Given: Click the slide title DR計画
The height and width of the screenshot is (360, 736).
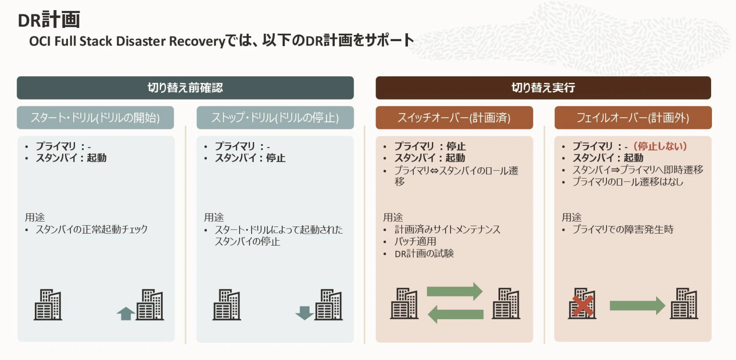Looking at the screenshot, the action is click(49, 20).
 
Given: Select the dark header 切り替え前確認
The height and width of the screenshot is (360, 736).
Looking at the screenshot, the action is click(185, 88).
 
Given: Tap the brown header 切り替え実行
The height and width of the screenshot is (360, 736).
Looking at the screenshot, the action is click(543, 88).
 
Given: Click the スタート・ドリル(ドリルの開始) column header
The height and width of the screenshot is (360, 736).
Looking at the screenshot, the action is click(95, 118).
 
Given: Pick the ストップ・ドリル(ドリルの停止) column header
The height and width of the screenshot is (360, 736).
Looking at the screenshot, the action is click(275, 118).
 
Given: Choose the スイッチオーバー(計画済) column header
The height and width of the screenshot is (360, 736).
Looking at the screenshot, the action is click(454, 118).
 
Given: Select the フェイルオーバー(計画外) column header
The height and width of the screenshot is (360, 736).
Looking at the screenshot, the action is click(633, 118).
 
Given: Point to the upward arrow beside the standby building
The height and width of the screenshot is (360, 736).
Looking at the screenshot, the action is click(126, 313).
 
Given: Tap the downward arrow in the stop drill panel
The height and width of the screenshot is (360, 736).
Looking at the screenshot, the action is click(304, 313).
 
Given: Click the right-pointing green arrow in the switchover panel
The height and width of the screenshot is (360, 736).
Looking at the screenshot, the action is click(454, 291).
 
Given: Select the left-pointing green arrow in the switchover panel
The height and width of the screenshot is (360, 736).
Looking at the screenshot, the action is click(455, 314).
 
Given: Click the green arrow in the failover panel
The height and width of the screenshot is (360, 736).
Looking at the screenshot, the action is click(637, 306).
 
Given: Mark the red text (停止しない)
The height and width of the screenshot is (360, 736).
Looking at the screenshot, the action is click(660, 146).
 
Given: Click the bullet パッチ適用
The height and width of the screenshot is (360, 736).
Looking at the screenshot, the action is click(415, 241).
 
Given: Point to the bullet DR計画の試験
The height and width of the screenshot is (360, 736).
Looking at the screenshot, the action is click(424, 254).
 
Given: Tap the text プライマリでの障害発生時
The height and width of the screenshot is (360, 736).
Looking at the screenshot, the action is click(623, 229).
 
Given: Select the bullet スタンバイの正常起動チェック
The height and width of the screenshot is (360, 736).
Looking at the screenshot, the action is click(92, 229).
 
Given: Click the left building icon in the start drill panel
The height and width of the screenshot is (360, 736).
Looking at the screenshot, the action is click(48, 305).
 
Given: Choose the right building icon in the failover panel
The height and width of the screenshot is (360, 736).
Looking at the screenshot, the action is click(684, 304).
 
